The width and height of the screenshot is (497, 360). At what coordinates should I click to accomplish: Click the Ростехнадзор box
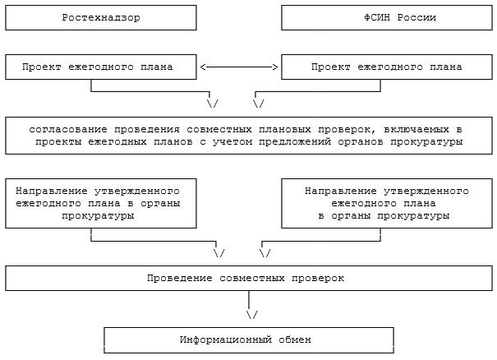coord(101,17)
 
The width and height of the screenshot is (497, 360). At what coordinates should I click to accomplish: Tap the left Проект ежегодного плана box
coord(101,67)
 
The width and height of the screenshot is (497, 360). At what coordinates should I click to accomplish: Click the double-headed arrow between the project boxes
coord(239,67)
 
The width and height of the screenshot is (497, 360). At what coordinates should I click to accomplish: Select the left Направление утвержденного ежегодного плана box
coord(101,202)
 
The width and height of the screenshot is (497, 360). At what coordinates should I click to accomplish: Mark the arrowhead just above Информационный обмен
coord(251,315)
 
